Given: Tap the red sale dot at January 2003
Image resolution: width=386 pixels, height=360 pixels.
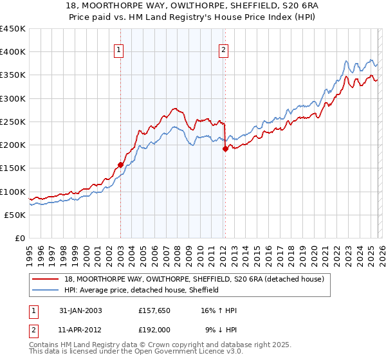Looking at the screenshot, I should tap(120, 165).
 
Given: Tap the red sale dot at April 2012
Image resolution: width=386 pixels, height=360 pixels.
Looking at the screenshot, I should tap(225, 148).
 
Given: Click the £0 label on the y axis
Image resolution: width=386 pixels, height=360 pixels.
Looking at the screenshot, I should tap(19, 238).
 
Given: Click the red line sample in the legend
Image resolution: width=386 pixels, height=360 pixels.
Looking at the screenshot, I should tap(47, 279).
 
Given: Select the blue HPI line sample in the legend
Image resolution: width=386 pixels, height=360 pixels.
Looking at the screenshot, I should tap(47, 290).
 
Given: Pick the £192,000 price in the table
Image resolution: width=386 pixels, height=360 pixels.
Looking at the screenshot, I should tap(154, 329).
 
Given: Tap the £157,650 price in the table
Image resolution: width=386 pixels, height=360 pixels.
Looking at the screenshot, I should tap(154, 310).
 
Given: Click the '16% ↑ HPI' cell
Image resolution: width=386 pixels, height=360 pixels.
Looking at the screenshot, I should tap(219, 310).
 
